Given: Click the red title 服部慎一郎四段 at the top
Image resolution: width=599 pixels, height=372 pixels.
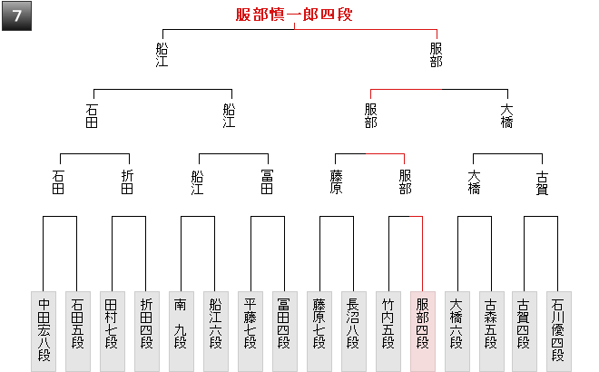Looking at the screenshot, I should pyautogui.click(x=293, y=15).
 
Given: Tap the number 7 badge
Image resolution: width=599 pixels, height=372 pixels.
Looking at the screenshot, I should pyautogui.click(x=16, y=16).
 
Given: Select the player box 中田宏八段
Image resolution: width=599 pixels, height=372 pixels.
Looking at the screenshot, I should pyautogui.click(x=44, y=330).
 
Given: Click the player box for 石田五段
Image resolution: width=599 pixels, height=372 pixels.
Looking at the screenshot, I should pyautogui.click(x=77, y=330).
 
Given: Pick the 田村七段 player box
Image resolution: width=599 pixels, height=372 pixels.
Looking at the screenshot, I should pyautogui.click(x=113, y=330).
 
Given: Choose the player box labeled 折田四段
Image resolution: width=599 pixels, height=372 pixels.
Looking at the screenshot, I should pyautogui.click(x=146, y=330).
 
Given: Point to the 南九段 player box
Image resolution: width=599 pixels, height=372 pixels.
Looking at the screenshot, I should pyautogui.click(x=182, y=330).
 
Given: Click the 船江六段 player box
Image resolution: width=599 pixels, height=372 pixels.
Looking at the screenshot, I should pyautogui.click(x=215, y=330).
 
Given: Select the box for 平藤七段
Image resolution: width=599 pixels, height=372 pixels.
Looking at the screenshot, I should pyautogui.click(x=250, y=330).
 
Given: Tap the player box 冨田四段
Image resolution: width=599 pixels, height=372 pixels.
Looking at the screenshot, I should pyautogui.click(x=284, y=330).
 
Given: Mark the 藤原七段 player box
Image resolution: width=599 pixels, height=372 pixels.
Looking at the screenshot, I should pyautogui.click(x=319, y=330).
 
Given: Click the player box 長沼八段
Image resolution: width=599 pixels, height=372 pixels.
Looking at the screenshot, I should pyautogui.click(x=353, y=330).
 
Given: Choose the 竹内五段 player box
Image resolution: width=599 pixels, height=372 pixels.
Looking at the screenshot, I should pyautogui.click(x=388, y=330).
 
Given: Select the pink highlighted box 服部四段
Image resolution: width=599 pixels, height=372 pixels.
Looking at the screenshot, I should pyautogui.click(x=422, y=330).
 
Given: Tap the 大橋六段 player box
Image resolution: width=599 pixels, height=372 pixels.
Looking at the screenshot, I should pyautogui.click(x=457, y=330).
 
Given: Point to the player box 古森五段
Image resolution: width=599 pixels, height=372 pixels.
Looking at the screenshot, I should pyautogui.click(x=491, y=330).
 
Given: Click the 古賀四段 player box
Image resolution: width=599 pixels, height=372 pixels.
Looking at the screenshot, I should pyautogui.click(x=525, y=330).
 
